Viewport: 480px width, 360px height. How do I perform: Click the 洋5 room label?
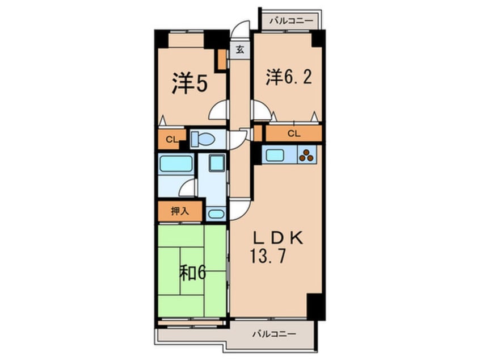point(190,83)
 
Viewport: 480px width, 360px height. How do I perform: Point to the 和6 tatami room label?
point(192,273)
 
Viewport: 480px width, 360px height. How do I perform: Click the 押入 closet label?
point(180,211)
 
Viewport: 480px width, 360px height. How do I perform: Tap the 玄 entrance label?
point(241,49)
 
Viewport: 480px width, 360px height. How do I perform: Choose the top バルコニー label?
point(292,21)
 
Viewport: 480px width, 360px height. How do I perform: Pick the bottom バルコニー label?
point(274,334)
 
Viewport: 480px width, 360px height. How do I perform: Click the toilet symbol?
point(203,139)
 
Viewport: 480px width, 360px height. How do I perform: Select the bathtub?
point(176,164)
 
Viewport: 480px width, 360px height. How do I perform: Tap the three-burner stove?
point(306,155)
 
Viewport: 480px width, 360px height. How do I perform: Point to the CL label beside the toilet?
point(171,140)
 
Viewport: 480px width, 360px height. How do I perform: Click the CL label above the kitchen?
point(294,133)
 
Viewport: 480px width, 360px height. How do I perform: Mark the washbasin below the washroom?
point(216,214)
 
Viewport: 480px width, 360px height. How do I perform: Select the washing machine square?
point(217,163)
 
